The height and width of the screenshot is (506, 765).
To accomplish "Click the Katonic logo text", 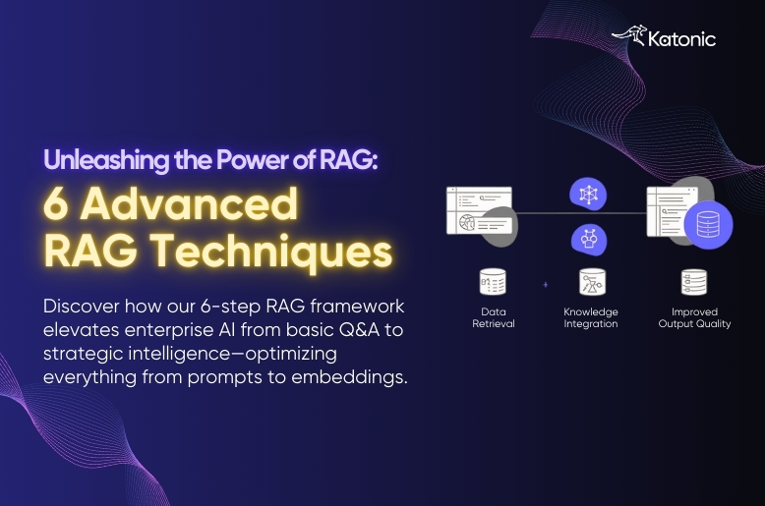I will click(x=682, y=39).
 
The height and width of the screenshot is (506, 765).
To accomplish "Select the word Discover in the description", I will click(x=80, y=306).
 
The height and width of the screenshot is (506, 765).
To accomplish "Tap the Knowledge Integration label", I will click(x=591, y=317).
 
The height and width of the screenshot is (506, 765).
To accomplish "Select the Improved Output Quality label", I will click(x=694, y=317).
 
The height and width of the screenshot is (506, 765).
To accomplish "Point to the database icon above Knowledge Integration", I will click(x=591, y=282).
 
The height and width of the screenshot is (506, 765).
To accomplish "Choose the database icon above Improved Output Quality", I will click(x=694, y=282).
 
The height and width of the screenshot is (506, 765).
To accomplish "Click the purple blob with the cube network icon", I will click(x=590, y=195).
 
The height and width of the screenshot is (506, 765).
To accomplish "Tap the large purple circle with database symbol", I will click(x=708, y=225).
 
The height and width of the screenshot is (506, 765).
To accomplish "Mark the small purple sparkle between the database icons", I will click(x=545, y=285).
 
